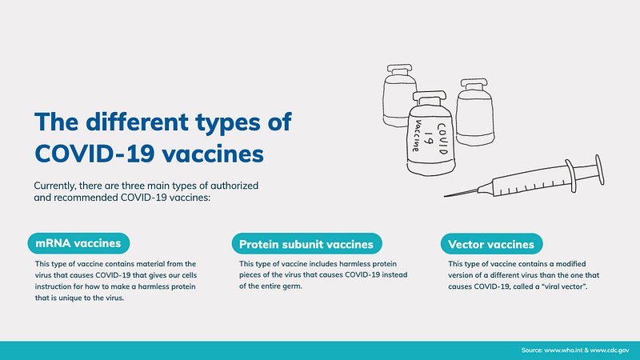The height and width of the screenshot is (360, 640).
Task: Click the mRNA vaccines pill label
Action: pyautogui.click(x=78, y=243)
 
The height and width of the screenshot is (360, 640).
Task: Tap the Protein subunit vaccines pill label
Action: pyautogui.click(x=306, y=244)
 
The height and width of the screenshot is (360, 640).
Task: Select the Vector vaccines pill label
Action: pyautogui.click(x=491, y=244)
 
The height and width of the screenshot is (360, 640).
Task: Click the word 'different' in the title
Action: pyautogui.click(x=137, y=122)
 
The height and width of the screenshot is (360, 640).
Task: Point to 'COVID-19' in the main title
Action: pyautogui.click(x=94, y=154)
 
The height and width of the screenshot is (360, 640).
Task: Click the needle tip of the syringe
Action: pyautogui.click(x=445, y=196)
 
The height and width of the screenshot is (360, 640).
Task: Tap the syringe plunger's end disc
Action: pyautogui.click(x=599, y=170)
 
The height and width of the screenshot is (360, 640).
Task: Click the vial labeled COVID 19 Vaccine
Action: pyautogui.click(x=430, y=134)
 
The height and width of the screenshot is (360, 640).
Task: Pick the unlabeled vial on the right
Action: pyautogui.click(x=474, y=113)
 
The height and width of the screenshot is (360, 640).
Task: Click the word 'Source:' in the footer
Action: pyautogui.click(x=532, y=350)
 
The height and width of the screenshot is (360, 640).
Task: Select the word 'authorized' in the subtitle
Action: pyautogui.click(x=234, y=186)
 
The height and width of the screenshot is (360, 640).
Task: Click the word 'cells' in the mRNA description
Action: pyautogui.click(x=189, y=275)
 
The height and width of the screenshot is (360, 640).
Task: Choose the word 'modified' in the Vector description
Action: pyautogui.click(x=570, y=264)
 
